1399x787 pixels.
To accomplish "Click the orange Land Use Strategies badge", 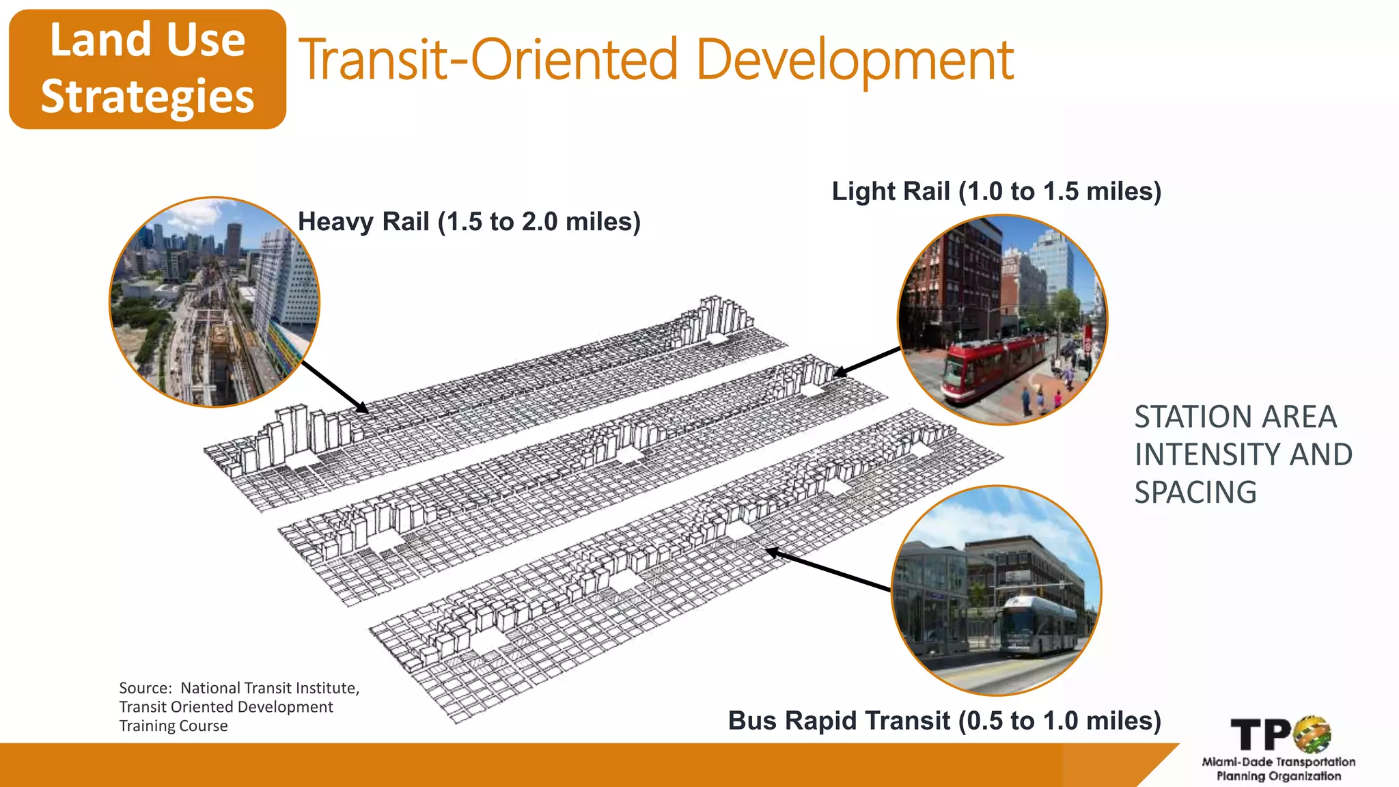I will point(147,69).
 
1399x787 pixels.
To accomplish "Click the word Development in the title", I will point(855,61).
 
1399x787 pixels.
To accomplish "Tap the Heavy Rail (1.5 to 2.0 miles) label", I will point(469,222).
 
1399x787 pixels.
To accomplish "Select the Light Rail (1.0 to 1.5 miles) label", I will point(996,191).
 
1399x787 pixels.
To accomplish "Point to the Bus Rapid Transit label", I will point(944,721).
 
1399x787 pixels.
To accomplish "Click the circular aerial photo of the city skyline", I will point(214,302).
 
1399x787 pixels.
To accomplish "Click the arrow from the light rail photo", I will point(868,361).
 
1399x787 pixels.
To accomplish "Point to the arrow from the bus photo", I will point(827,569).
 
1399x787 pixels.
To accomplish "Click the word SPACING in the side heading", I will point(1195,493).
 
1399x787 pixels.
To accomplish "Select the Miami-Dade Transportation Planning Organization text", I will point(1278,769).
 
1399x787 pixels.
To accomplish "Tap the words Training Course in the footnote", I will point(174,726).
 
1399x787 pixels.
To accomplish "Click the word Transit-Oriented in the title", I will point(488,61).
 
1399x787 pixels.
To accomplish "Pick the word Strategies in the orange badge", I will point(148,96).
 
